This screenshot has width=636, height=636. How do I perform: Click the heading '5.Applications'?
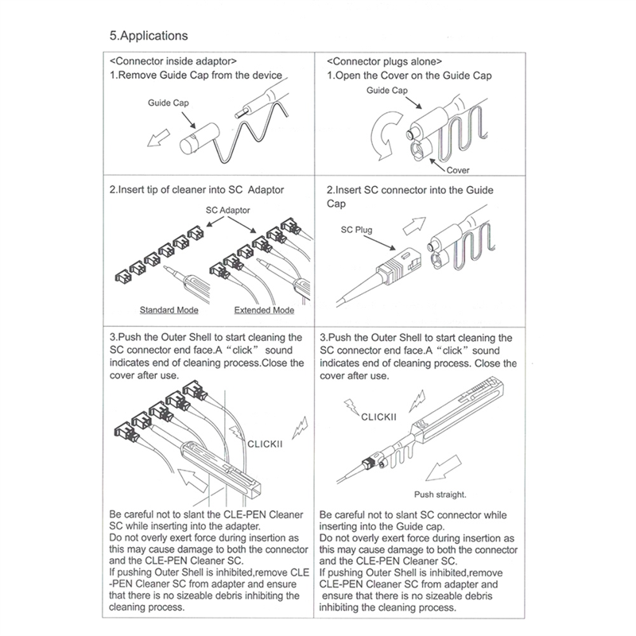pos(149,36)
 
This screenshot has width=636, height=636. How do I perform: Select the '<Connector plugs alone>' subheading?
pos(386,61)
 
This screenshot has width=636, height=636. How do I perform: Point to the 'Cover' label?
pos(457,170)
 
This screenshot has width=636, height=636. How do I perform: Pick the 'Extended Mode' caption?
pos(265,309)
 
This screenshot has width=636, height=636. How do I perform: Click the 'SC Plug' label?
pos(356,230)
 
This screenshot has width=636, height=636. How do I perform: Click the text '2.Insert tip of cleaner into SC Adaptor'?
pos(196,191)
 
